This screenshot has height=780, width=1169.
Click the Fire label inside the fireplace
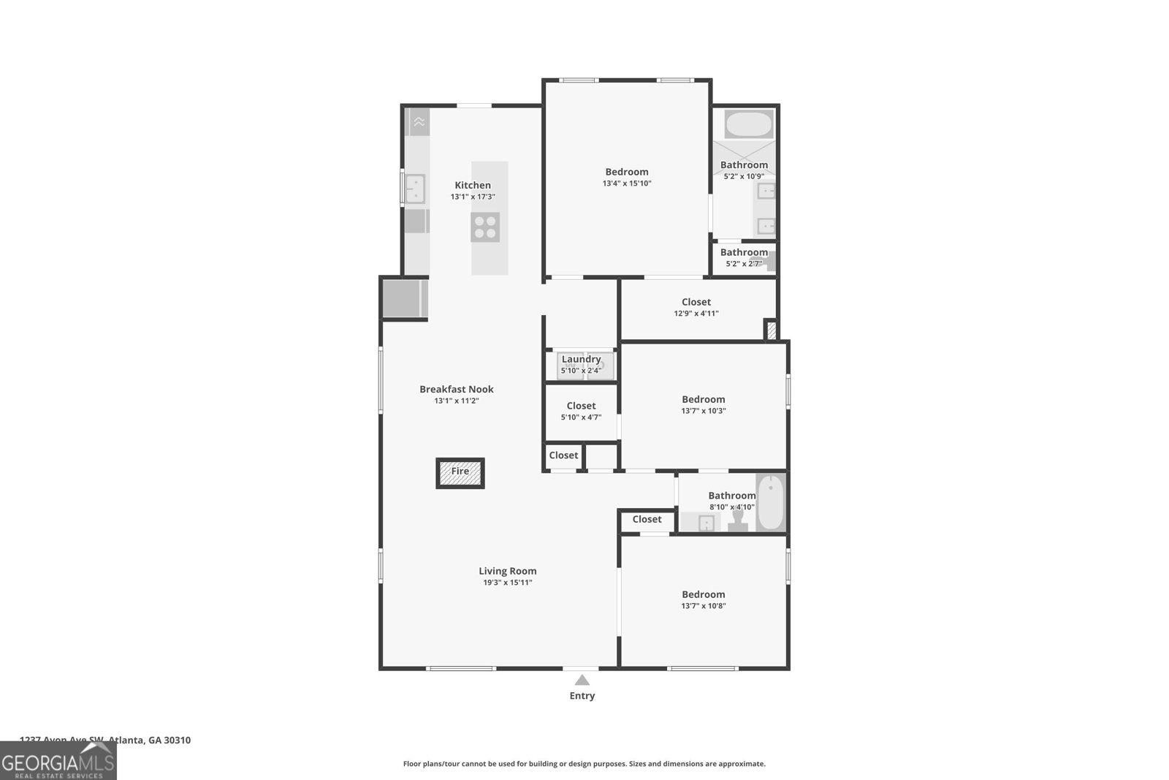click(x=460, y=472)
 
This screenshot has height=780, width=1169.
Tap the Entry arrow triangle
click(x=582, y=681)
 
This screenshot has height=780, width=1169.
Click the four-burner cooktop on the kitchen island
click(x=485, y=227)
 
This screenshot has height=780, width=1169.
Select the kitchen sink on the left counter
click(x=415, y=188)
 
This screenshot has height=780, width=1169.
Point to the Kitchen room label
click(x=473, y=185)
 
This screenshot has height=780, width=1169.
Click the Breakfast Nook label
click(x=456, y=389)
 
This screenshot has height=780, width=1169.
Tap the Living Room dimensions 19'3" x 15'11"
click(x=507, y=583)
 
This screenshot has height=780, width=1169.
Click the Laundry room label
click(x=581, y=359)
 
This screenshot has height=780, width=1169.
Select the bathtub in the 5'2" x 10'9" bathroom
click(x=748, y=124)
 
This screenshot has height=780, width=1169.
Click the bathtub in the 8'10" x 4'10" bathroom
click(x=770, y=503)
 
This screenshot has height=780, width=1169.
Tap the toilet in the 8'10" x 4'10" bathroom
click(x=736, y=520)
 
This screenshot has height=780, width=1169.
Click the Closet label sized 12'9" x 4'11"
click(x=696, y=302)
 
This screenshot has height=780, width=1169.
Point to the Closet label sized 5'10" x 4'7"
click(x=581, y=406)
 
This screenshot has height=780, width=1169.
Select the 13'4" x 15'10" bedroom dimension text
click(x=626, y=183)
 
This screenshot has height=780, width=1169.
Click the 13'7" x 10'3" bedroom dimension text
click(x=703, y=411)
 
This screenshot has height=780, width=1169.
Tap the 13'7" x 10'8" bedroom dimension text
click(x=703, y=606)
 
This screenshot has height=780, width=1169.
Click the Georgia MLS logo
click(x=58, y=761)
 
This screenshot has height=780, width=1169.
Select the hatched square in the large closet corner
click(x=770, y=330)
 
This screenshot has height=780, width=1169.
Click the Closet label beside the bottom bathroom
click(x=647, y=519)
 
